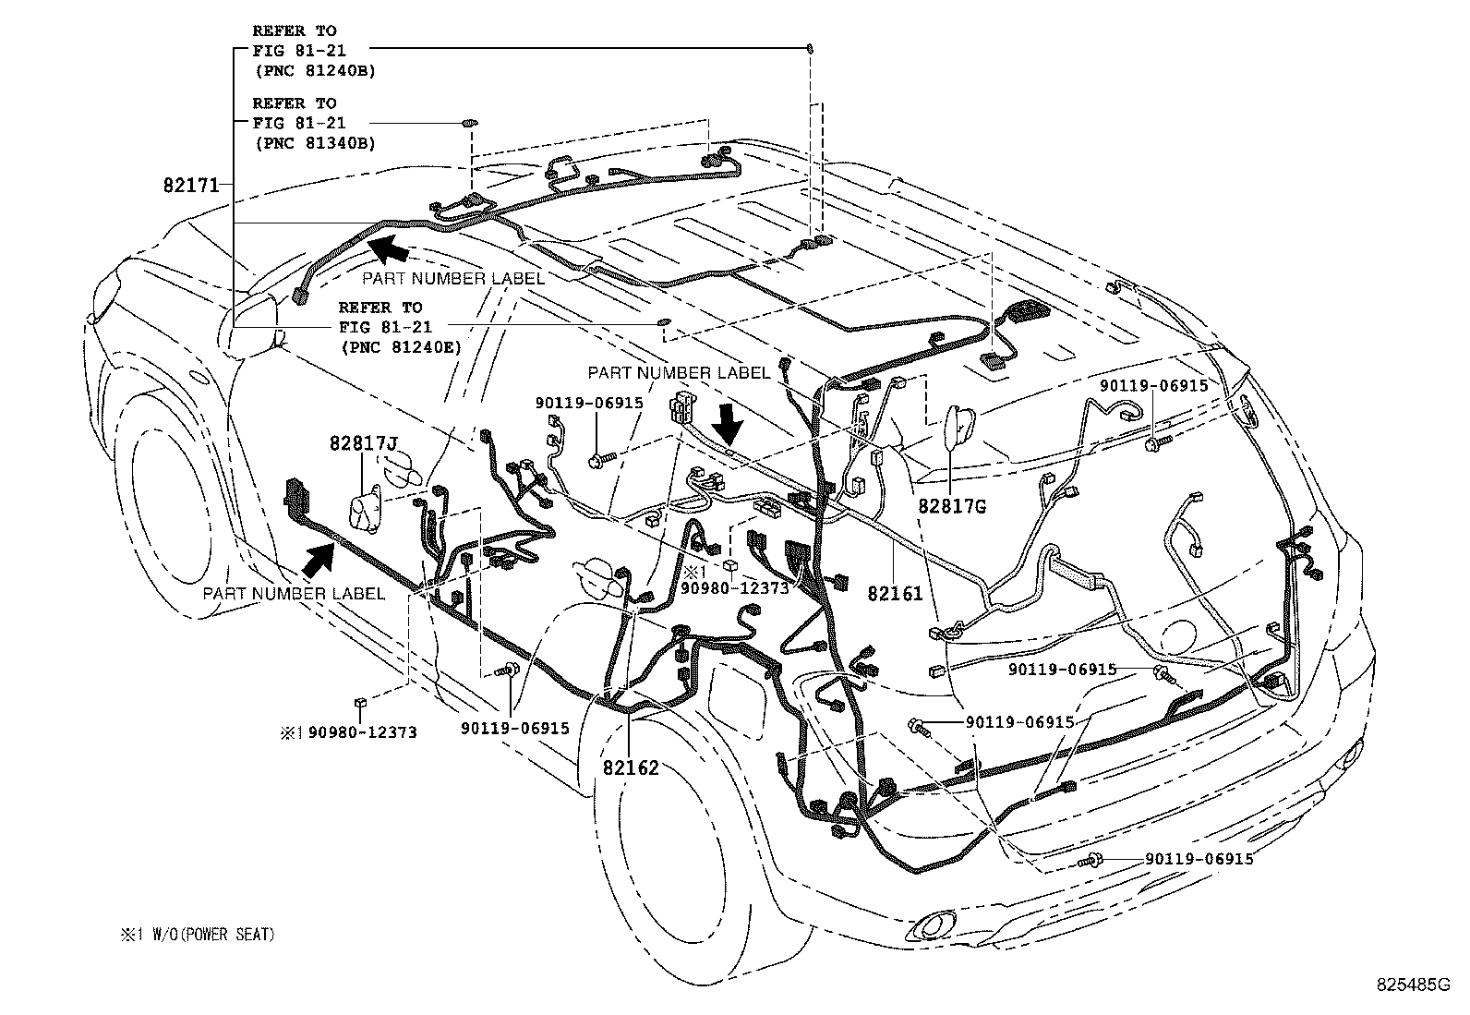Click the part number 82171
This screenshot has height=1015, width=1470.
click(x=191, y=185)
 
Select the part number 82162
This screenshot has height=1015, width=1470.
click(x=632, y=767)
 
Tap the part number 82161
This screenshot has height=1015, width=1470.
click(x=895, y=594)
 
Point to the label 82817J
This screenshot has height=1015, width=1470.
click(x=363, y=444)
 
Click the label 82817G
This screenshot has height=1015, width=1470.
click(x=952, y=507)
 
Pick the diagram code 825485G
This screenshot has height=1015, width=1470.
click(x=1411, y=985)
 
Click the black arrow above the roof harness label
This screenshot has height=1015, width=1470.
click(x=388, y=248)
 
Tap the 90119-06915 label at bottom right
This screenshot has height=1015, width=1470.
click(x=1199, y=859)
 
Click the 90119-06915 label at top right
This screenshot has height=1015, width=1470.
click(x=1153, y=386)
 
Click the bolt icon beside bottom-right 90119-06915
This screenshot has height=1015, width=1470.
click(x=1090, y=862)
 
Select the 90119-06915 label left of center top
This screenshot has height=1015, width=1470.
click(x=589, y=403)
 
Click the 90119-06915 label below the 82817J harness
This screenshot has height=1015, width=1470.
click(x=515, y=729)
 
